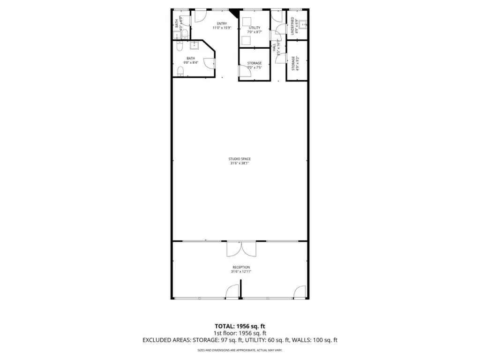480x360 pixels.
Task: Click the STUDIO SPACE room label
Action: [x=240, y=159]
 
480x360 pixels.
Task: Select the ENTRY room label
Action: [x=222, y=23]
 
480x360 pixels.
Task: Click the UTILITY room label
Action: [x=255, y=28]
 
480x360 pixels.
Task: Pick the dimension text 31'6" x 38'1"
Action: [x=240, y=164]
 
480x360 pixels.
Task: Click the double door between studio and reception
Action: [x=241, y=249]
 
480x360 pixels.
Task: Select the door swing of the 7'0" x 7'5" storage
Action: [x=242, y=71]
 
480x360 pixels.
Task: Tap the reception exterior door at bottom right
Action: [x=299, y=292]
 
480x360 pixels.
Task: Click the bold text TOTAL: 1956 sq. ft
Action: [x=240, y=326]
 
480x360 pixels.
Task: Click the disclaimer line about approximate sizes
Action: [x=240, y=350]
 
